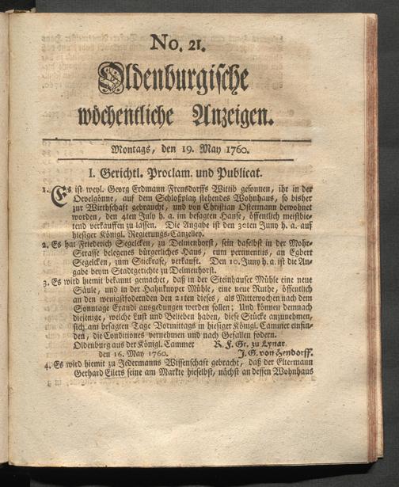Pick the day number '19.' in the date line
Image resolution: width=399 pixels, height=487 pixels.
point(188,148)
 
